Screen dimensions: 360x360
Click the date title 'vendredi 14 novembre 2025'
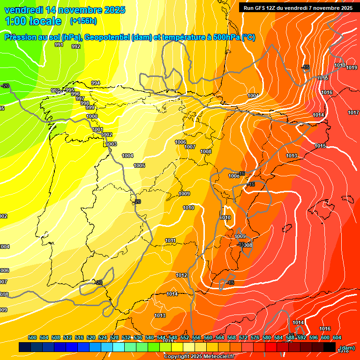(x=65, y=10)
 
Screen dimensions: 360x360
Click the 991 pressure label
(x=59, y=45)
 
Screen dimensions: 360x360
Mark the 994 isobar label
(x=96, y=83)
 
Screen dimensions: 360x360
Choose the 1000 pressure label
(x=92, y=117)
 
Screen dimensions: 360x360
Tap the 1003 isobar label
(x=111, y=144)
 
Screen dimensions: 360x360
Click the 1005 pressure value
(x=139, y=166)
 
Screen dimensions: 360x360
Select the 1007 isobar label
(x=190, y=147)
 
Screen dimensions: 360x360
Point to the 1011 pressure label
(x=171, y=241)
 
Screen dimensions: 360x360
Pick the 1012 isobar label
(x=182, y=275)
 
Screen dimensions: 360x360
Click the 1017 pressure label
(x=353, y=113)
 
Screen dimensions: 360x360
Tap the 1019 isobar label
(x=352, y=68)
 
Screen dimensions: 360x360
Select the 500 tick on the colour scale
(x=32, y=338)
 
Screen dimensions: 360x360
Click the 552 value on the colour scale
(x=185, y=338)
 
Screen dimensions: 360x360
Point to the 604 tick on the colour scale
(x=337, y=338)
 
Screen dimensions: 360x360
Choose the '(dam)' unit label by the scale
(x=347, y=348)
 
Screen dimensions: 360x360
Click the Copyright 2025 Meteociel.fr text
(x=199, y=357)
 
